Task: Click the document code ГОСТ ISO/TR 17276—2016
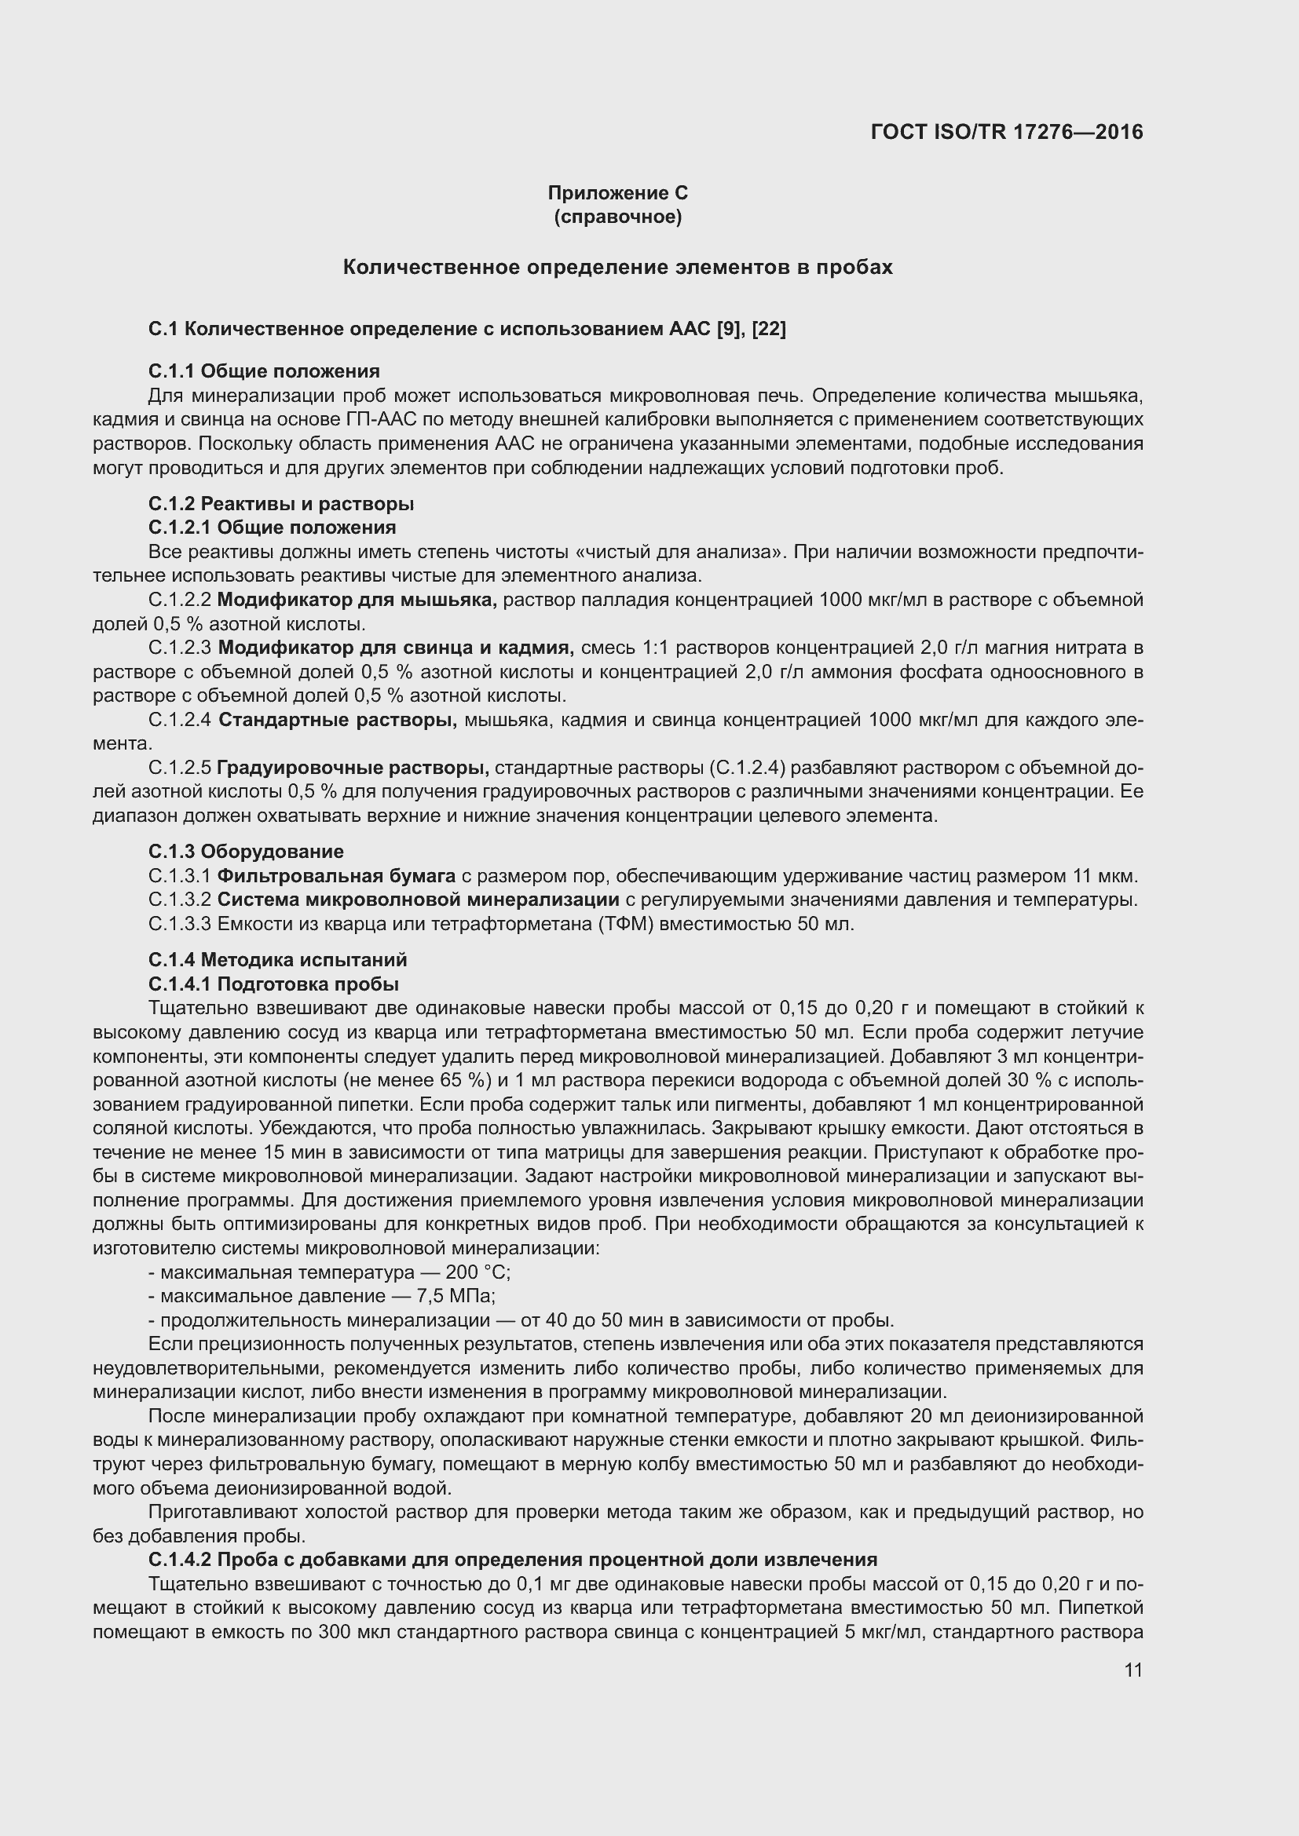click(1006, 132)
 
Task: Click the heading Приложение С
click(617, 193)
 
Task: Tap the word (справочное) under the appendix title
click(617, 217)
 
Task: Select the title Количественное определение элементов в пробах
click(617, 267)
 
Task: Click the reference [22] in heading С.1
click(769, 329)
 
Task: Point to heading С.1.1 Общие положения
click(264, 371)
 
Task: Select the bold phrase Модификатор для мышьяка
click(357, 600)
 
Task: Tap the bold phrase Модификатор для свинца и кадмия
click(395, 647)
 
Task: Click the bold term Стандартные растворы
click(337, 720)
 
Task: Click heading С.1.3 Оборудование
click(246, 852)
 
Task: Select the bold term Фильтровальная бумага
click(336, 877)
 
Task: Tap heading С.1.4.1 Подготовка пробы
click(273, 984)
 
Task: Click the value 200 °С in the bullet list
click(478, 1272)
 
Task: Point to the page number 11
click(1133, 1670)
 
